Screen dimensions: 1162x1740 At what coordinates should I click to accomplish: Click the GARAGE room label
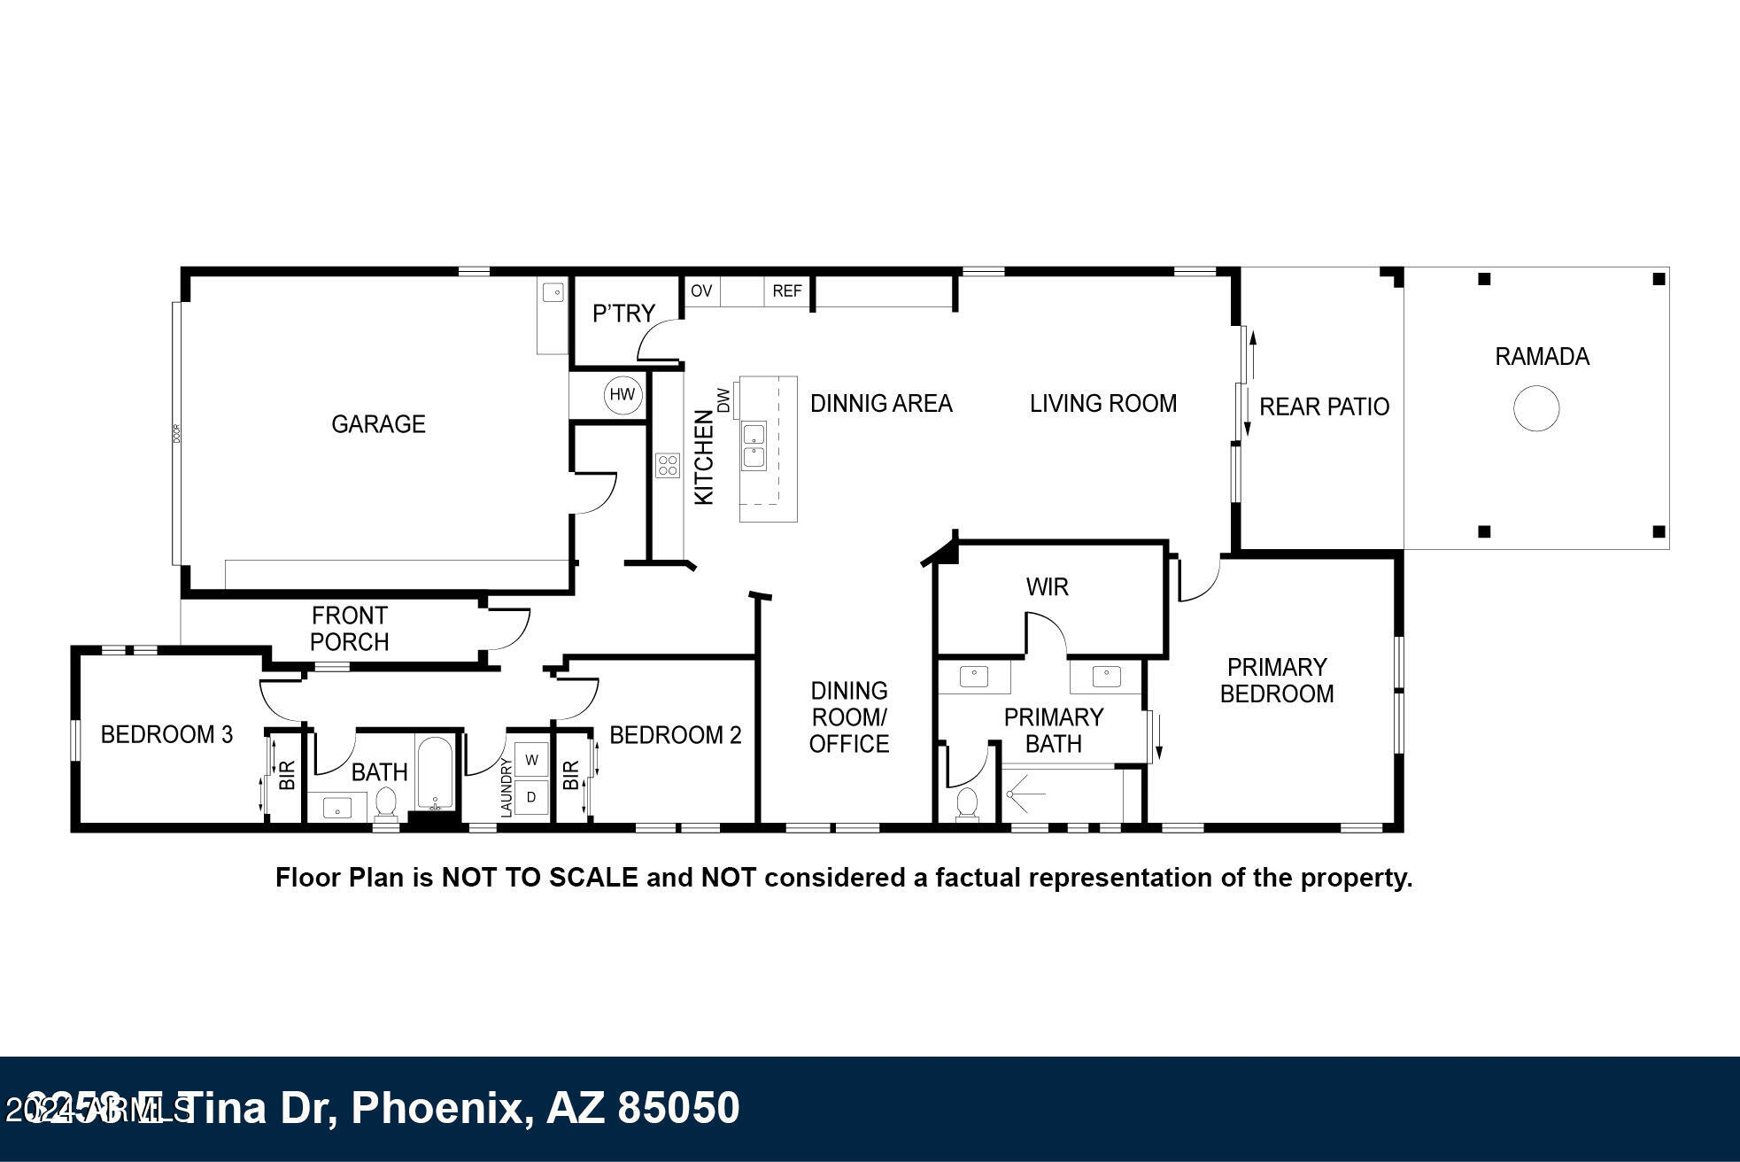tap(378, 424)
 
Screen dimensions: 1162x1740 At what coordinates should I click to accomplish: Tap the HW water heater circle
tap(623, 395)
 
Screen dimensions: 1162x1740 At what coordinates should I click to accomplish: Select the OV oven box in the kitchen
tap(701, 291)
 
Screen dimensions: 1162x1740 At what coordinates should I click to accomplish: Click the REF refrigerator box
tap(787, 291)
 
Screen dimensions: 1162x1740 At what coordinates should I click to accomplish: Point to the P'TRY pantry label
tap(623, 314)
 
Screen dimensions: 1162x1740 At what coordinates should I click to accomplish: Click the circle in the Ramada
tap(1536, 408)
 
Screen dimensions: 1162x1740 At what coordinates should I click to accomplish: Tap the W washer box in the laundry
tap(532, 760)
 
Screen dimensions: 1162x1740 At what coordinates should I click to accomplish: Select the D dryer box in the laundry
tap(532, 797)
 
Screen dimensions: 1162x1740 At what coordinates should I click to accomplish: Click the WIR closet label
tap(1047, 587)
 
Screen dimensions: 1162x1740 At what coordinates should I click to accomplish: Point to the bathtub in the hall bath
tap(435, 772)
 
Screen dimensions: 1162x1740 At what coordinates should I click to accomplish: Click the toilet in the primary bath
tap(967, 804)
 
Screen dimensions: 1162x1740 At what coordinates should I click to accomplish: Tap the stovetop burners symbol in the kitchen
tap(668, 465)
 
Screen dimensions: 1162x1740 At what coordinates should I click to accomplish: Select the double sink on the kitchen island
tap(754, 445)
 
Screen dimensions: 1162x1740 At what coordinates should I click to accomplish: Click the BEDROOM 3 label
tap(166, 734)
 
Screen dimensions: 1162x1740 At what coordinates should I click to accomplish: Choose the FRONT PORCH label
tap(350, 629)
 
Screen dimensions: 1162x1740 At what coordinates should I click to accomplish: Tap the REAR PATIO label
tap(1324, 407)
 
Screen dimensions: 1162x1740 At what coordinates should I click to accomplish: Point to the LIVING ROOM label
tap(1103, 404)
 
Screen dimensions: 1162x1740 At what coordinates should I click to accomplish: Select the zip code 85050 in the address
tap(677, 1108)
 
